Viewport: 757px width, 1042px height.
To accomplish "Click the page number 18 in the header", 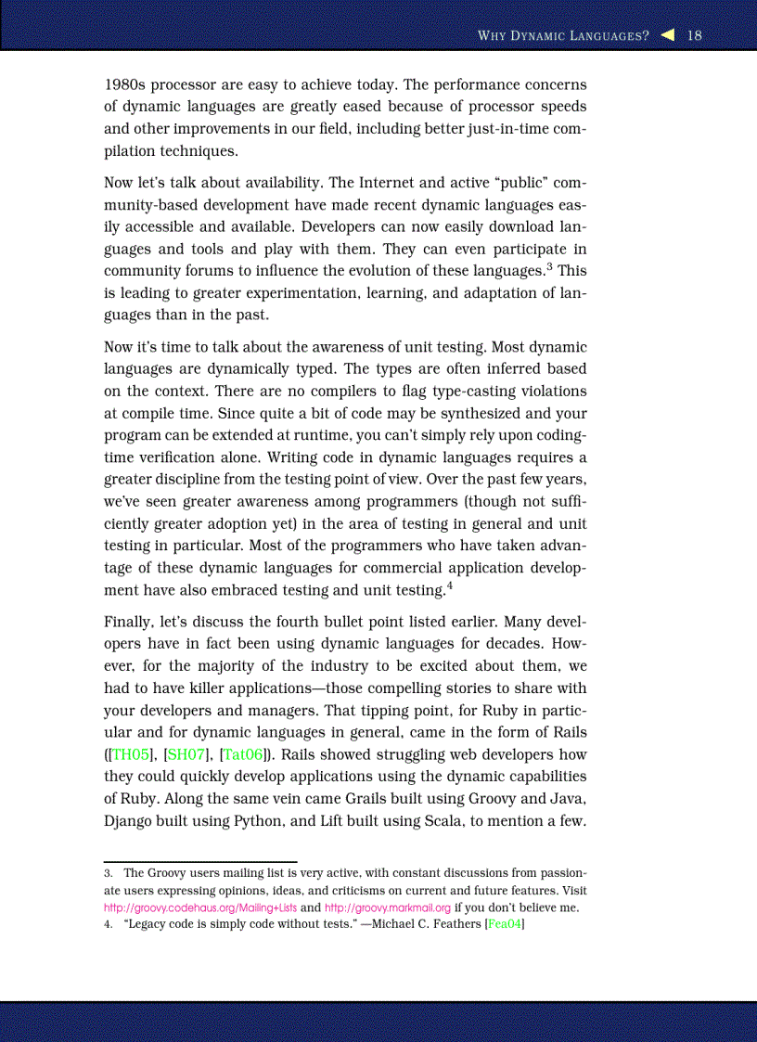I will point(695,35).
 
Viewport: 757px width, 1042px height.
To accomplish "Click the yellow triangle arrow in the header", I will point(668,35).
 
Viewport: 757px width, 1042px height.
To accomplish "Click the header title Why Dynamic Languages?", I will point(562,36).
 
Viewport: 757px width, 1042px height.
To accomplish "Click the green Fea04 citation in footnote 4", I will point(506,924).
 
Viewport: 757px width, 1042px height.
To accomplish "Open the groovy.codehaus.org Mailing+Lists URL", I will point(199,907).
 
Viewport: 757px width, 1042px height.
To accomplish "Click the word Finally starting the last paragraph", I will point(127,622).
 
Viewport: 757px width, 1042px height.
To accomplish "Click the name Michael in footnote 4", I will point(393,924).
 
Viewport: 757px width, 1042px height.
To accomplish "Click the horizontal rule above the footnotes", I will point(199,862).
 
